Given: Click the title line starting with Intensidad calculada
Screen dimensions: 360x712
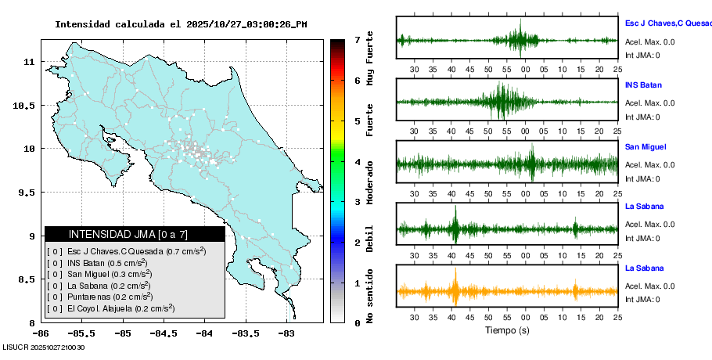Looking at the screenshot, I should coord(181,24).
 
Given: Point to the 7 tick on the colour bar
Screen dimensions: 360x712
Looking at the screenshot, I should coord(356,39).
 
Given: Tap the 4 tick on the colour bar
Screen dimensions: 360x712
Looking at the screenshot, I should coord(356,162).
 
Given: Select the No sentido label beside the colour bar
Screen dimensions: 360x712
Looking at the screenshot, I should coord(369,297).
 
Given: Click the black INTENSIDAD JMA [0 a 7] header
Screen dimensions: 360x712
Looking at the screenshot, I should coord(135,234).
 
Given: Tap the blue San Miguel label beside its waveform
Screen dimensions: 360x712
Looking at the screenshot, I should coord(645,146).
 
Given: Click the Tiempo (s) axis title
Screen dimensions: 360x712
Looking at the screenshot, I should coord(507,329).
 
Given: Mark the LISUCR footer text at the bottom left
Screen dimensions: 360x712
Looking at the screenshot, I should coord(44,347).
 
